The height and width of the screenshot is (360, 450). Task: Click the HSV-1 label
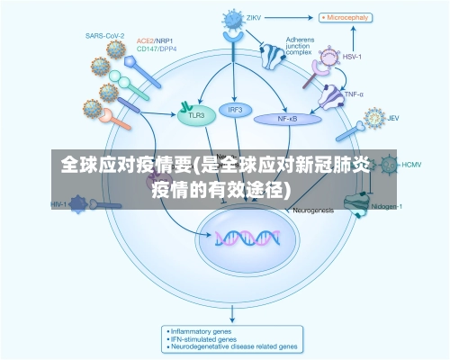point(353,56)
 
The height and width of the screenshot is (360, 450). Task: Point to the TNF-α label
point(354,93)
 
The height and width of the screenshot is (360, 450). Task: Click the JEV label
point(393,118)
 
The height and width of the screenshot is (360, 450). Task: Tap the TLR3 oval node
point(195,115)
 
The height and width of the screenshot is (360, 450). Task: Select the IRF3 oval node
point(236,110)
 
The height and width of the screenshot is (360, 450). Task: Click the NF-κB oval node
point(287,118)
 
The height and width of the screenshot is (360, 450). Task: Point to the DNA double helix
point(245,238)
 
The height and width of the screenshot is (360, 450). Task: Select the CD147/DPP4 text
point(157,50)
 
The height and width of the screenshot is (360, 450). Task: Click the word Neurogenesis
point(313,210)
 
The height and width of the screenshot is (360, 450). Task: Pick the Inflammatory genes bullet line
point(203,329)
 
